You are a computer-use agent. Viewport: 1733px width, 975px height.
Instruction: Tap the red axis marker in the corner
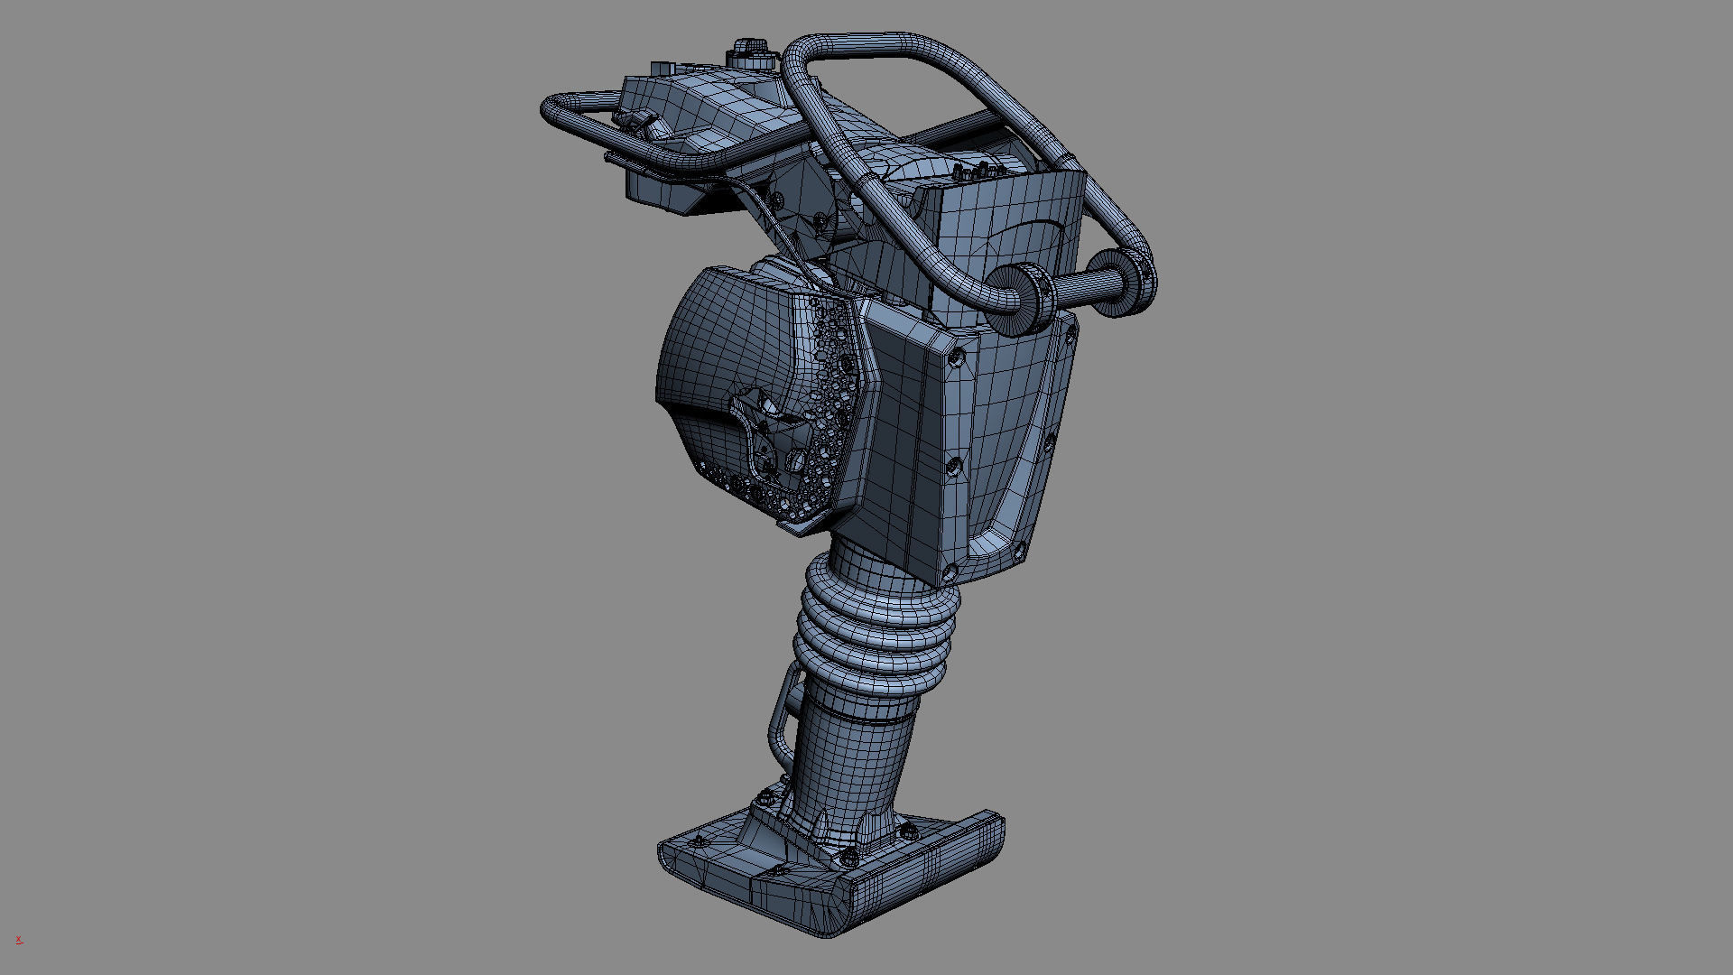[x=19, y=940]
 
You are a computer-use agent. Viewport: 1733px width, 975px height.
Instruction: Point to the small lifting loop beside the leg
[x=781, y=713]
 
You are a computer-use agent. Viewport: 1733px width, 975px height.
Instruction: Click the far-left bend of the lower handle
[x=551, y=113]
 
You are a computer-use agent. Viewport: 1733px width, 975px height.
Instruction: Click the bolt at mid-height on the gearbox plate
[x=953, y=466]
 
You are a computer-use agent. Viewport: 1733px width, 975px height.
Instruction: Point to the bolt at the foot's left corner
[x=696, y=841]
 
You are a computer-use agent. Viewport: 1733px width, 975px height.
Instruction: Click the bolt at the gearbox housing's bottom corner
[x=949, y=571]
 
